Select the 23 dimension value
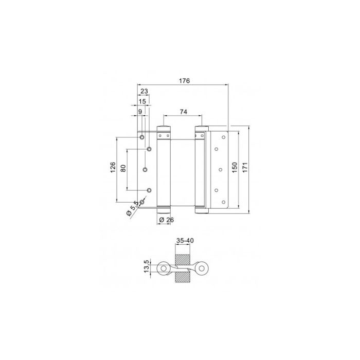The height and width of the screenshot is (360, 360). (x=144, y=92)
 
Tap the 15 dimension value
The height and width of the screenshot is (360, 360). (x=142, y=102)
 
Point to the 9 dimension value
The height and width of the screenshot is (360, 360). (x=139, y=112)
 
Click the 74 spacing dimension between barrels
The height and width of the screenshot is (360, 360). (x=184, y=112)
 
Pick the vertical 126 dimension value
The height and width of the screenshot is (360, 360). (x=113, y=168)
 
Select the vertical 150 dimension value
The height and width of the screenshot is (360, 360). (x=235, y=168)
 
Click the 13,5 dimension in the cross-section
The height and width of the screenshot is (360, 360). (x=146, y=267)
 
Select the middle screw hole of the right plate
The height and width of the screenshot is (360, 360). (x=220, y=168)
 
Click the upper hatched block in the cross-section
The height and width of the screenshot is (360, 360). (x=184, y=259)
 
